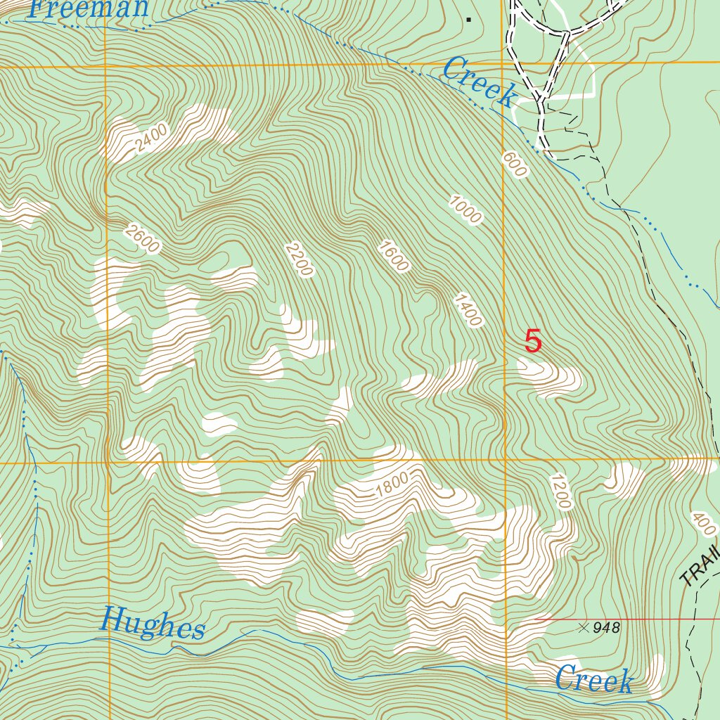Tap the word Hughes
click(x=153, y=624)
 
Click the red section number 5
click(x=534, y=342)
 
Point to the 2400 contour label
click(x=153, y=138)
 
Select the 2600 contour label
click(x=141, y=238)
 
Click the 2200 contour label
click(x=298, y=259)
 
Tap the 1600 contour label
click(x=392, y=256)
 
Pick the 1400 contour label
click(x=468, y=310)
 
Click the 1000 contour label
click(x=466, y=208)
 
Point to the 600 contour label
click(x=515, y=165)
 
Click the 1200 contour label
click(x=560, y=491)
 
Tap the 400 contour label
click(x=703, y=524)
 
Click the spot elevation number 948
click(x=606, y=628)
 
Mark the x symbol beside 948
click(x=583, y=627)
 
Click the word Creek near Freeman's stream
click(x=480, y=83)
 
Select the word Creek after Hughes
click(x=593, y=680)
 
